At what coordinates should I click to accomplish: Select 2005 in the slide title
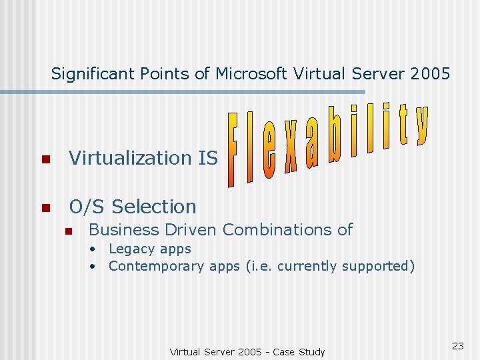point(431,74)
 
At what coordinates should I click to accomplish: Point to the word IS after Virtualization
point(208,158)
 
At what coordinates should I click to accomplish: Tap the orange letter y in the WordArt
point(421,125)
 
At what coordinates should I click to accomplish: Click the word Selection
point(155,207)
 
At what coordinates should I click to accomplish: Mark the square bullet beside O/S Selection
point(45,208)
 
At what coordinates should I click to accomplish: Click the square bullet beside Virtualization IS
point(45,159)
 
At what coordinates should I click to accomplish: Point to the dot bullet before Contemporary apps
point(94,267)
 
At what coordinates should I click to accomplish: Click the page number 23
point(458,345)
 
